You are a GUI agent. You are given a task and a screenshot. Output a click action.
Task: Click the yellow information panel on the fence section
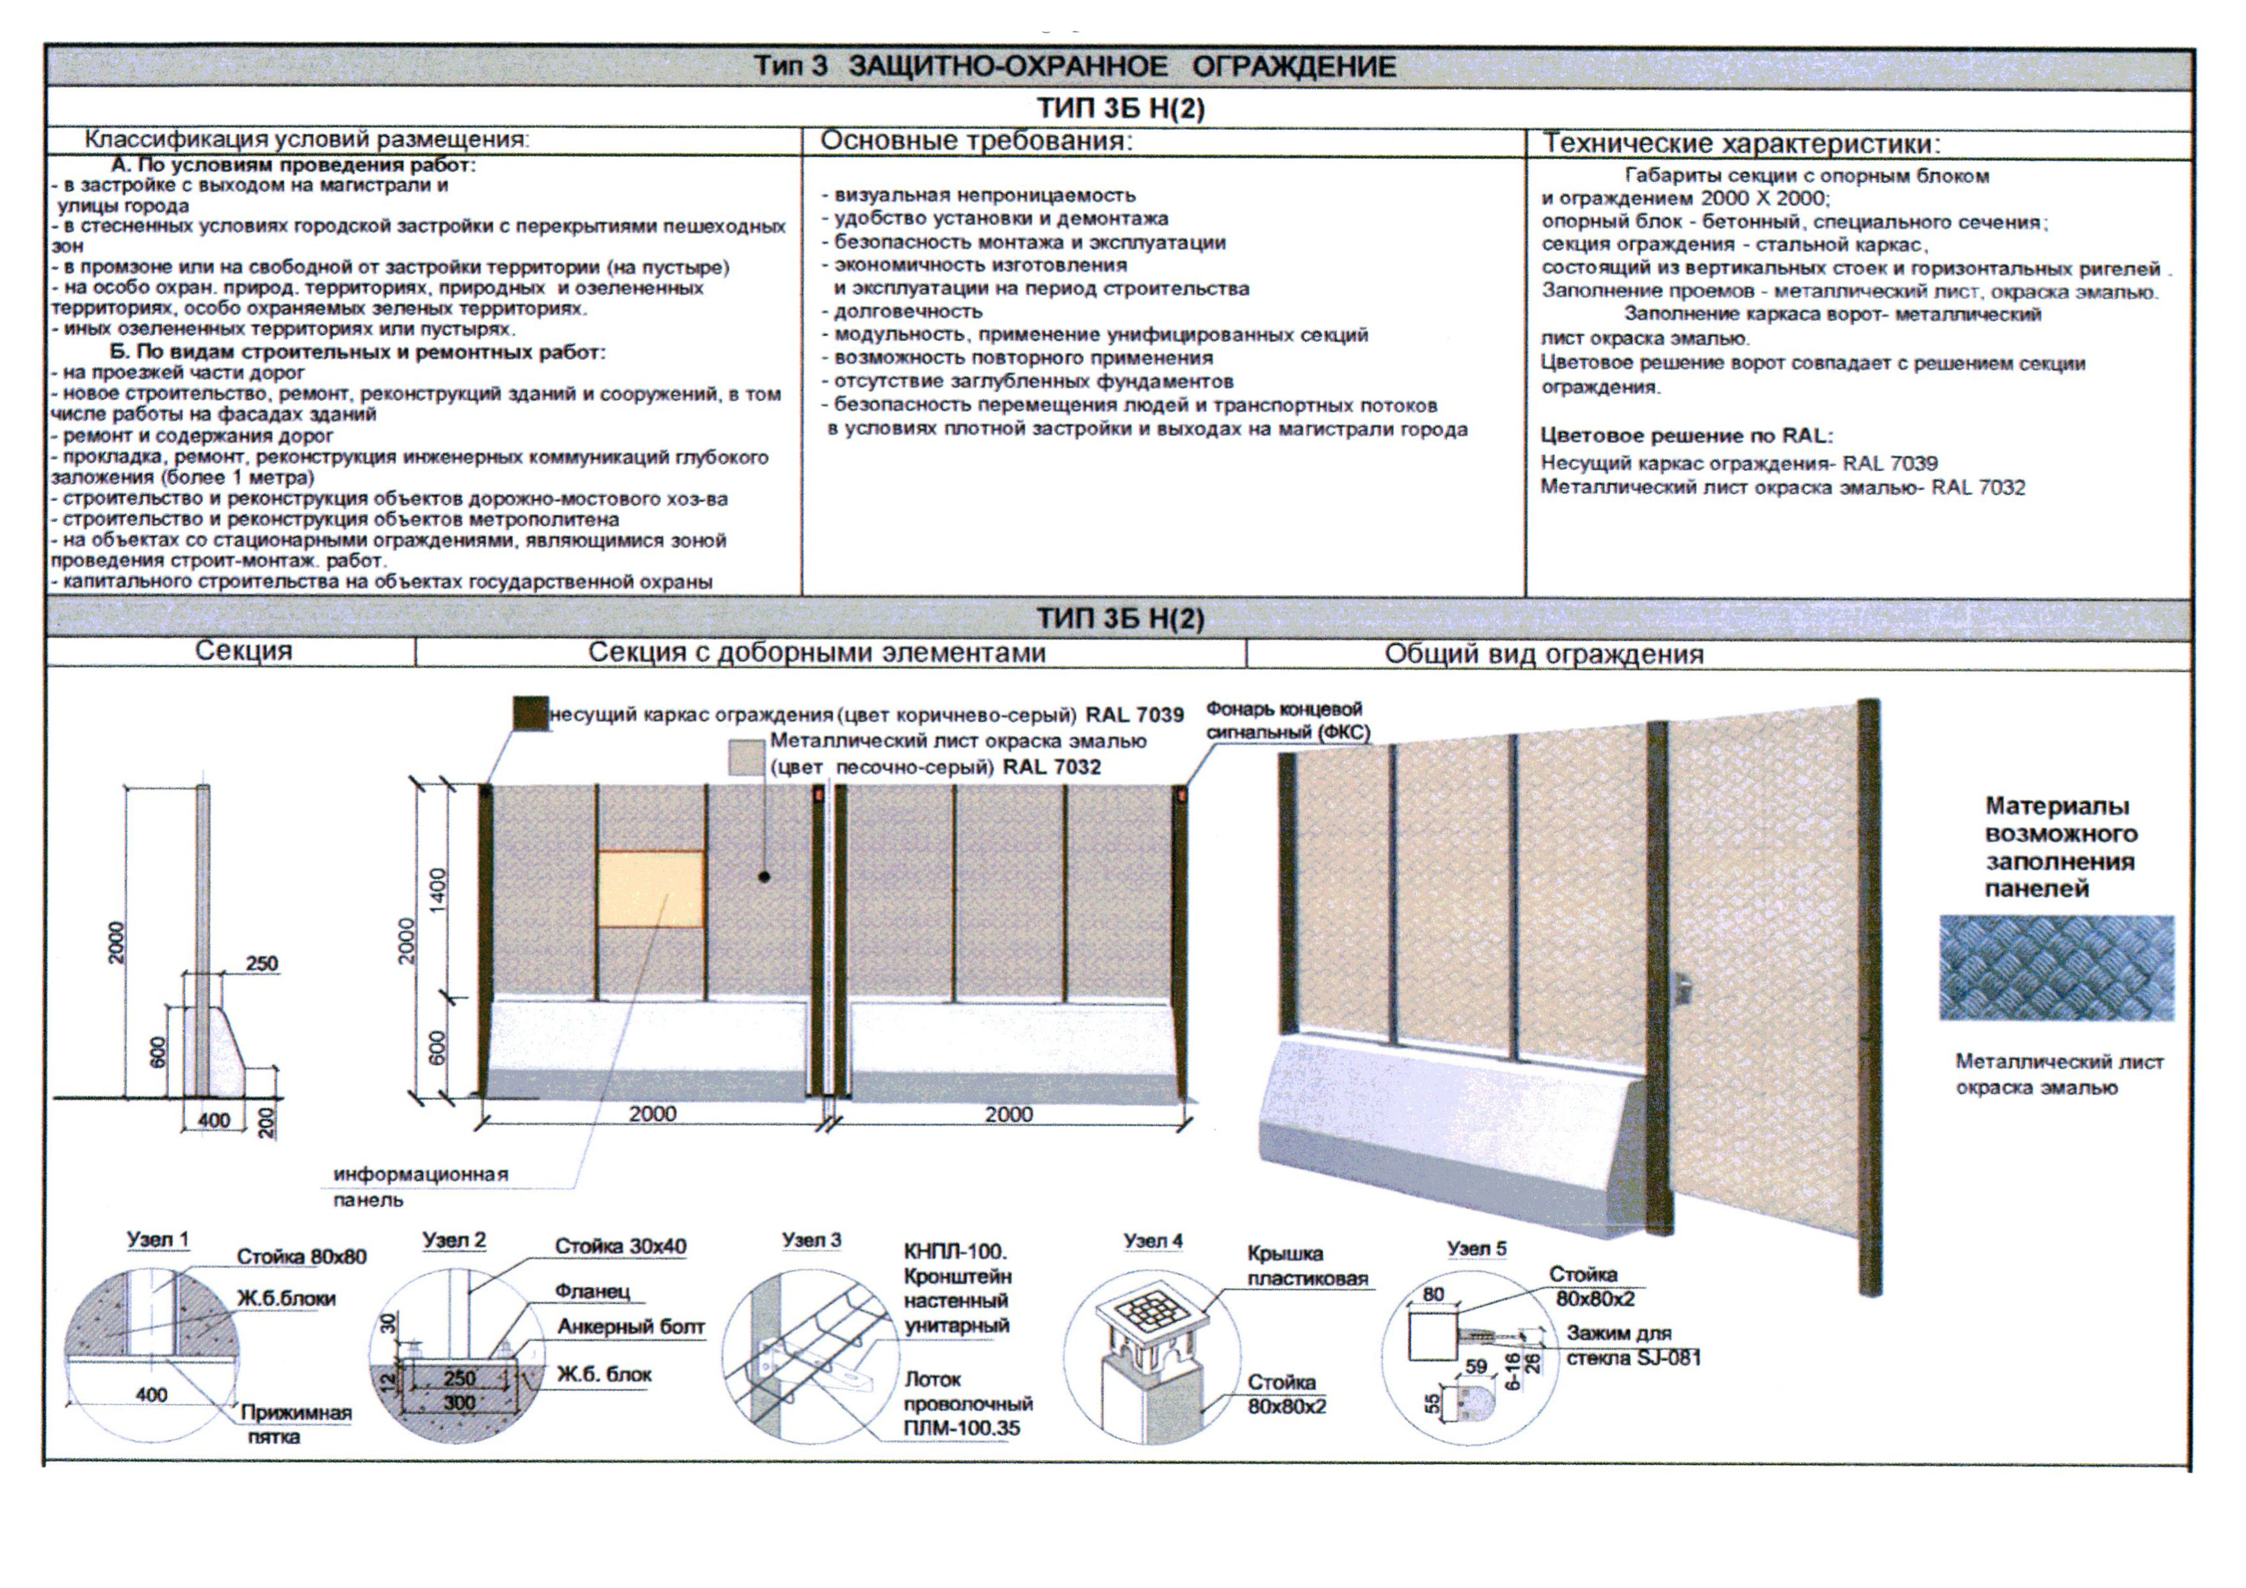(x=650, y=888)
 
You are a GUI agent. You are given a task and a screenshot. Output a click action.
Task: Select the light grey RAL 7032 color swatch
(x=745, y=757)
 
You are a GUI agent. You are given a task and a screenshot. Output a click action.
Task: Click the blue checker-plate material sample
(x=2056, y=968)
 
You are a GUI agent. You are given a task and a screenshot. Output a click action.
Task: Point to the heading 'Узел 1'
(x=158, y=1240)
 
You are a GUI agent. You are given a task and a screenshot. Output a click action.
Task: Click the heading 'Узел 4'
(x=1152, y=1241)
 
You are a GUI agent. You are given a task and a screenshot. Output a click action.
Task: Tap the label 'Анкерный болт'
(x=631, y=1327)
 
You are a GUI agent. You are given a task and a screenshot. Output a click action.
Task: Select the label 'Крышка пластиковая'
(x=1307, y=1266)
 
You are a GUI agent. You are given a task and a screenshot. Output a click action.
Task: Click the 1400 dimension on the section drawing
(x=437, y=888)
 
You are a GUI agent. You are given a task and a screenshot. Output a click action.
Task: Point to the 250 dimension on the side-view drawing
(x=261, y=964)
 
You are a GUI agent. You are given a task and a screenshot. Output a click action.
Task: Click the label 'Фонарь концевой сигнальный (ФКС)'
(x=1288, y=720)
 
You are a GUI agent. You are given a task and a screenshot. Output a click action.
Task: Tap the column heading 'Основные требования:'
(x=975, y=141)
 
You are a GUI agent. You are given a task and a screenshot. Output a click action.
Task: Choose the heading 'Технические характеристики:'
(x=1741, y=144)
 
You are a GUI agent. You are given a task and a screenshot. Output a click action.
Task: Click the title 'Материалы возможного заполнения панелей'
(x=2060, y=847)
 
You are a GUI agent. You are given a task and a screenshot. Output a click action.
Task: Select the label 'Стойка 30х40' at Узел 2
(x=620, y=1245)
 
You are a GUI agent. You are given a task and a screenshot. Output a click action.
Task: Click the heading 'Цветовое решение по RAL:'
(x=1686, y=436)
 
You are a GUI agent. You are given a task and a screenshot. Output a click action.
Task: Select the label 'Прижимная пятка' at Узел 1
(x=295, y=1425)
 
